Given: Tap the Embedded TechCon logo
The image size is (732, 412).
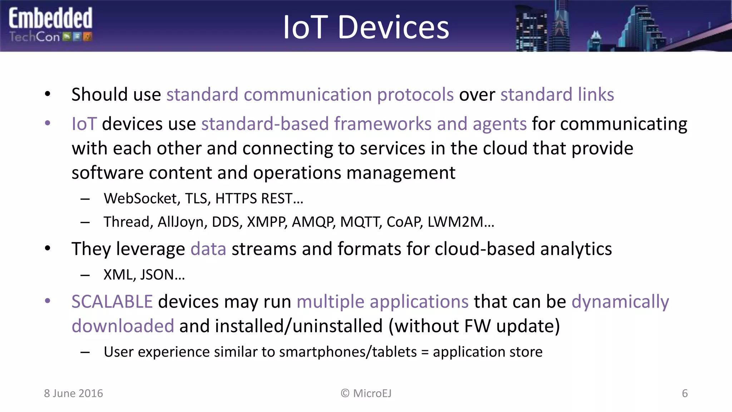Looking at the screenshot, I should (x=50, y=25).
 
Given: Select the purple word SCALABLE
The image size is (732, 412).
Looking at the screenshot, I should (x=112, y=301).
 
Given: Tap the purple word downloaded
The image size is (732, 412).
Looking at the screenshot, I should (x=123, y=326).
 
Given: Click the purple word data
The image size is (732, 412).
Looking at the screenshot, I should (x=208, y=249).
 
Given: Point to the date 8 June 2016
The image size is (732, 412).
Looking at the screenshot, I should (x=73, y=393).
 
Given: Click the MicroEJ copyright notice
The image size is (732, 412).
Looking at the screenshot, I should (x=366, y=393).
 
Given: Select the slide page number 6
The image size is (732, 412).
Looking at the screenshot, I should (x=684, y=393).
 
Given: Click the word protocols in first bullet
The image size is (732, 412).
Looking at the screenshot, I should (x=415, y=95).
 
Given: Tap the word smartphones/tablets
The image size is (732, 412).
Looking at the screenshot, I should (x=348, y=352).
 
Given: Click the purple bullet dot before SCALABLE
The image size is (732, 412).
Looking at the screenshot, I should (x=48, y=301).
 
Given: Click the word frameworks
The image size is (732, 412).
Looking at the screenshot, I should (x=382, y=124).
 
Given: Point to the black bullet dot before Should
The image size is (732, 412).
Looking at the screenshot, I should (x=48, y=94).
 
